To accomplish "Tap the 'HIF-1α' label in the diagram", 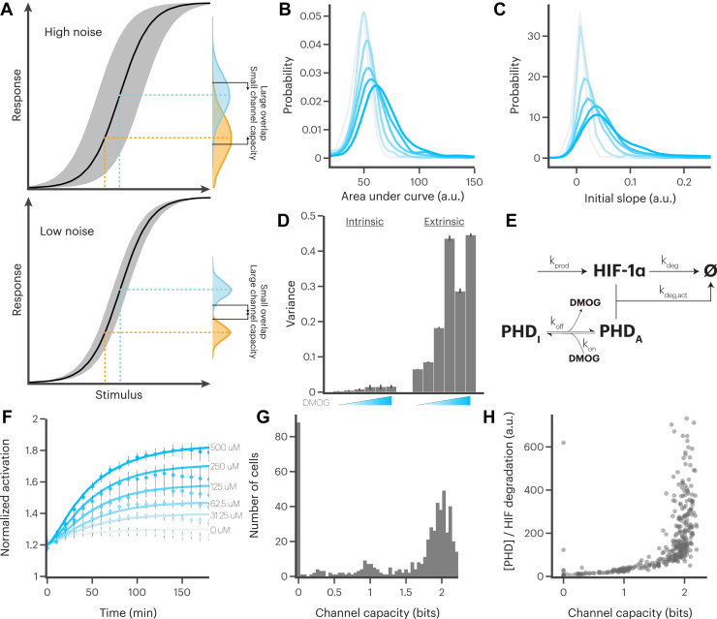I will pos(604,273).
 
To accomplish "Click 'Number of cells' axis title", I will pos(268,497).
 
